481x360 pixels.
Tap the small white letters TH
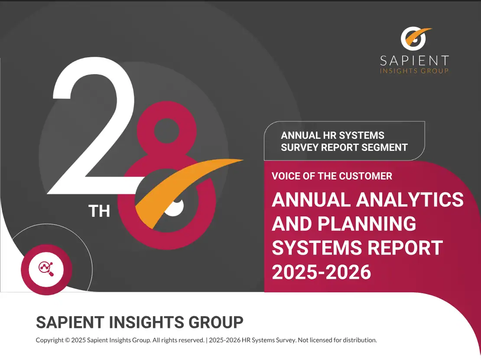click(x=99, y=211)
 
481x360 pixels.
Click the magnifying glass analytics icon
click(x=46, y=269)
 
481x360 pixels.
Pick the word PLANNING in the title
click(x=367, y=224)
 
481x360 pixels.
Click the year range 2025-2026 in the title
click(x=322, y=272)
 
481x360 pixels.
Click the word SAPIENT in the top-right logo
click(x=414, y=61)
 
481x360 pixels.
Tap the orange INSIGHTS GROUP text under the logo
click(x=414, y=71)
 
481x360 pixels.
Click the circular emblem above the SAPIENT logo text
click(x=413, y=39)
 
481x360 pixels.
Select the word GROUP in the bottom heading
click(x=216, y=322)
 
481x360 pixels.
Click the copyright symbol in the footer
click(x=67, y=340)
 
